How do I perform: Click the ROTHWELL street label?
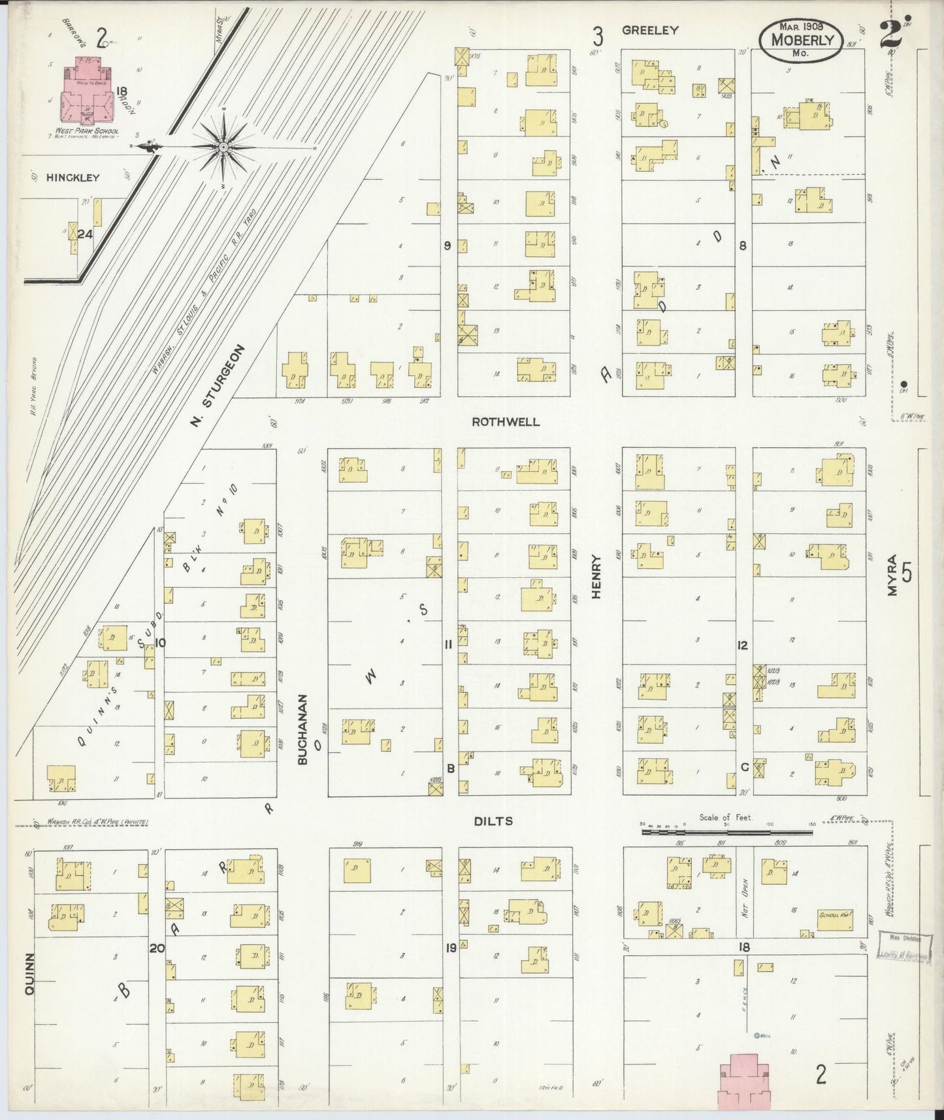(506, 422)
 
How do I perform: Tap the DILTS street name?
(494, 821)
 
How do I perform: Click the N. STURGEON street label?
(218, 387)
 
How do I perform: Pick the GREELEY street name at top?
(650, 30)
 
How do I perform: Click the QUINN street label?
(29, 974)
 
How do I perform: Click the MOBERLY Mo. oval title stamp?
(802, 40)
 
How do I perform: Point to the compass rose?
(222, 146)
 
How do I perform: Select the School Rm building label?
(836, 915)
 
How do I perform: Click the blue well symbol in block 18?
(757, 1036)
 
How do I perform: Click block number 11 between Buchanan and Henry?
(448, 645)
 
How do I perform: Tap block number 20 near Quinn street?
(157, 947)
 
